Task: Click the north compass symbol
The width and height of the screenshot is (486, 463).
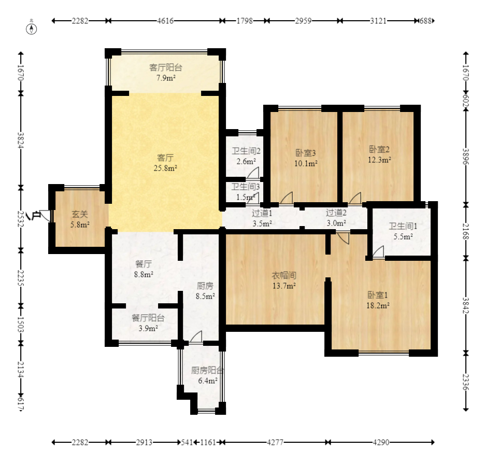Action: pos(31,27)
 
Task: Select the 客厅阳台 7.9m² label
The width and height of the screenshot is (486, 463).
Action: pos(166,73)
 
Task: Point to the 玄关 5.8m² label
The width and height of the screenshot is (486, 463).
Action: pos(80,219)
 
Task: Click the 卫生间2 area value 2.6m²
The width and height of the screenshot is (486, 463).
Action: pos(246,162)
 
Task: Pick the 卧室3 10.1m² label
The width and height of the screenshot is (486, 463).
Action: pos(306,158)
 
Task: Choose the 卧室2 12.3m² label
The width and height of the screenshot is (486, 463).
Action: pos(379,155)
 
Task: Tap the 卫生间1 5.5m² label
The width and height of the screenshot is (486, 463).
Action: pos(403,231)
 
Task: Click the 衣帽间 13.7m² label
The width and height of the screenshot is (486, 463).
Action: pos(284,280)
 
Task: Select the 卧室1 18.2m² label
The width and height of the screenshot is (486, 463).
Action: pos(378,300)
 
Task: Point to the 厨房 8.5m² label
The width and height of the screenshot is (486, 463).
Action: pos(205,291)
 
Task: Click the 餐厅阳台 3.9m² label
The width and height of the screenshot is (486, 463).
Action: pos(148,323)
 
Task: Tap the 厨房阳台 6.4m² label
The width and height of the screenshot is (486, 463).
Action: pos(207,375)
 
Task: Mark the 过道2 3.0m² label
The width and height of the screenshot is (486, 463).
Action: pos(336,218)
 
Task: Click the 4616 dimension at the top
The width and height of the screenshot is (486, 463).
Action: pos(165,21)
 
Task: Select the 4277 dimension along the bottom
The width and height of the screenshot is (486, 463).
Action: pos(275,442)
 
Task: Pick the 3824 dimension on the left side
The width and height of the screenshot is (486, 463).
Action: pos(21,141)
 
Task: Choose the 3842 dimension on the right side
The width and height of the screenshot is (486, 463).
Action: pos(466,305)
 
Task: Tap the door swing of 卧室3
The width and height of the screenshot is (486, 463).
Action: pos(287,198)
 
